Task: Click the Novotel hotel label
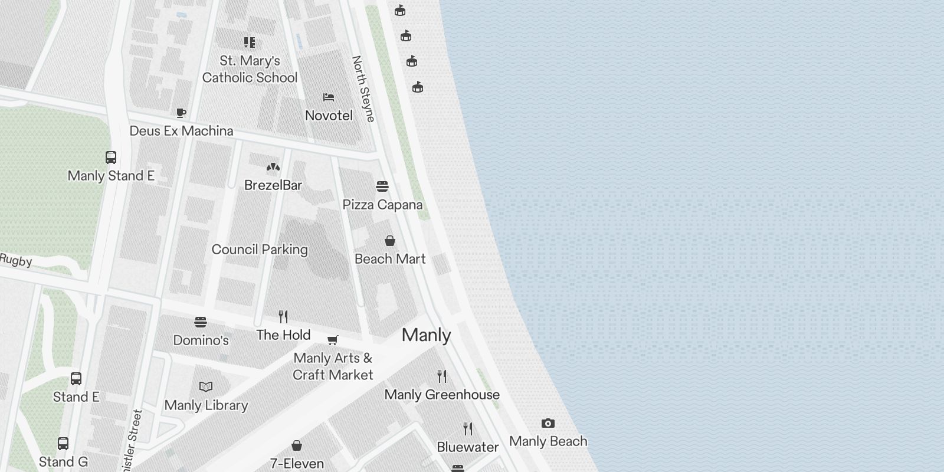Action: (329, 116)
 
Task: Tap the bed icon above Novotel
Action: (329, 97)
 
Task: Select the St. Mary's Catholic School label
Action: (250, 69)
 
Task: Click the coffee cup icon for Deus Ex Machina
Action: (181, 113)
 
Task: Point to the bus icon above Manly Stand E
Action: (111, 158)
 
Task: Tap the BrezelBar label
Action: (273, 185)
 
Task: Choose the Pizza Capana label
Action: (382, 205)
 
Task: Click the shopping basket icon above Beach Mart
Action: (390, 241)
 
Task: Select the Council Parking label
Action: (260, 250)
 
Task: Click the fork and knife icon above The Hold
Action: (283, 317)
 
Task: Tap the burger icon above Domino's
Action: (201, 322)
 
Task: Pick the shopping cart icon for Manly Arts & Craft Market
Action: (333, 340)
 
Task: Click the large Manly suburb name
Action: (426, 335)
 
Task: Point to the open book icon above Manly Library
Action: (206, 387)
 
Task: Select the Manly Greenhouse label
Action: (442, 395)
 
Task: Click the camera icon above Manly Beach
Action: (548, 424)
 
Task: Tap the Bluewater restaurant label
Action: (468, 447)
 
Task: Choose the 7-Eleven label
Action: (297, 464)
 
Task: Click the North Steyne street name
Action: (363, 88)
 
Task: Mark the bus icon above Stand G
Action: (63, 444)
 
